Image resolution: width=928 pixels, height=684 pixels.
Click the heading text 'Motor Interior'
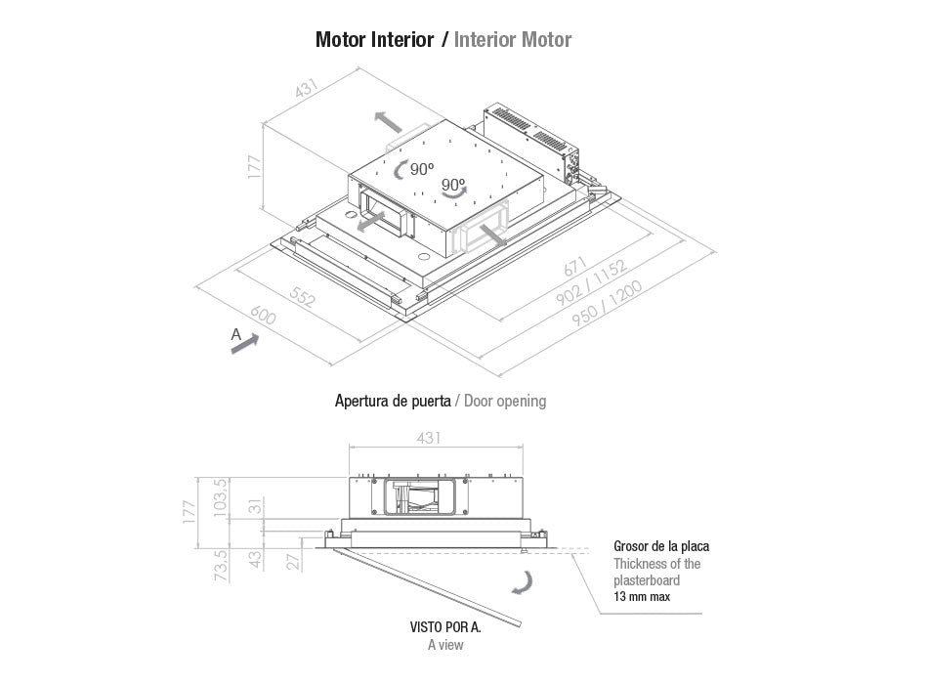(374, 40)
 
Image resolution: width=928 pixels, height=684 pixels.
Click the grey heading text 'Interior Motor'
(513, 40)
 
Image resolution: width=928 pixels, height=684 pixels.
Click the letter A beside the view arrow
(235, 334)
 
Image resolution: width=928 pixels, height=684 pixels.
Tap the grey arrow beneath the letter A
(245, 344)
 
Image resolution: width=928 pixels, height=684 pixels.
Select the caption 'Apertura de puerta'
(393, 401)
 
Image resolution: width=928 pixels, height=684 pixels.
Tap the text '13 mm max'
(642, 596)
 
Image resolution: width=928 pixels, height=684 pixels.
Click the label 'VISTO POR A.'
(445, 627)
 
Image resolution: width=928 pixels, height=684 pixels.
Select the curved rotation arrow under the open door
(526, 583)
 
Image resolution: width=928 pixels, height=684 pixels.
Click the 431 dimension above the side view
(428, 437)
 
